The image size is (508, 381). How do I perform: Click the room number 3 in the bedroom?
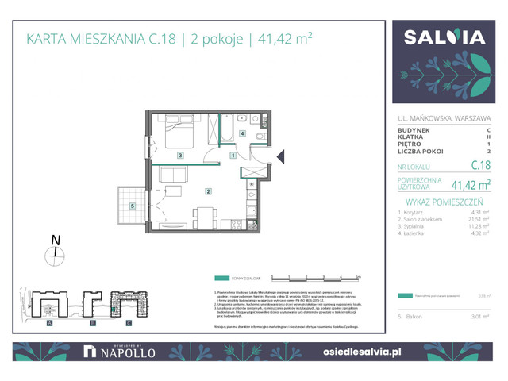(181, 156)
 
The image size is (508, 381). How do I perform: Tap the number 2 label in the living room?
(207, 191)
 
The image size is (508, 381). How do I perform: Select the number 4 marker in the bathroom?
(241, 134)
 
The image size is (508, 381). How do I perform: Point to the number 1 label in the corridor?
(233, 156)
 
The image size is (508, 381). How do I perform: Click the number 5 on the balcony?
(133, 206)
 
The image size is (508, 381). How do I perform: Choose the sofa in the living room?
(171, 174)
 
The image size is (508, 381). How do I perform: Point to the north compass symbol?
(56, 253)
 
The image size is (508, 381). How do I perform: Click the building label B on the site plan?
(92, 323)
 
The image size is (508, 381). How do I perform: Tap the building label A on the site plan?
(49, 323)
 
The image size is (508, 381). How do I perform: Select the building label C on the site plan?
(128, 323)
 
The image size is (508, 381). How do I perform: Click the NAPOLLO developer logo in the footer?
(118, 350)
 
